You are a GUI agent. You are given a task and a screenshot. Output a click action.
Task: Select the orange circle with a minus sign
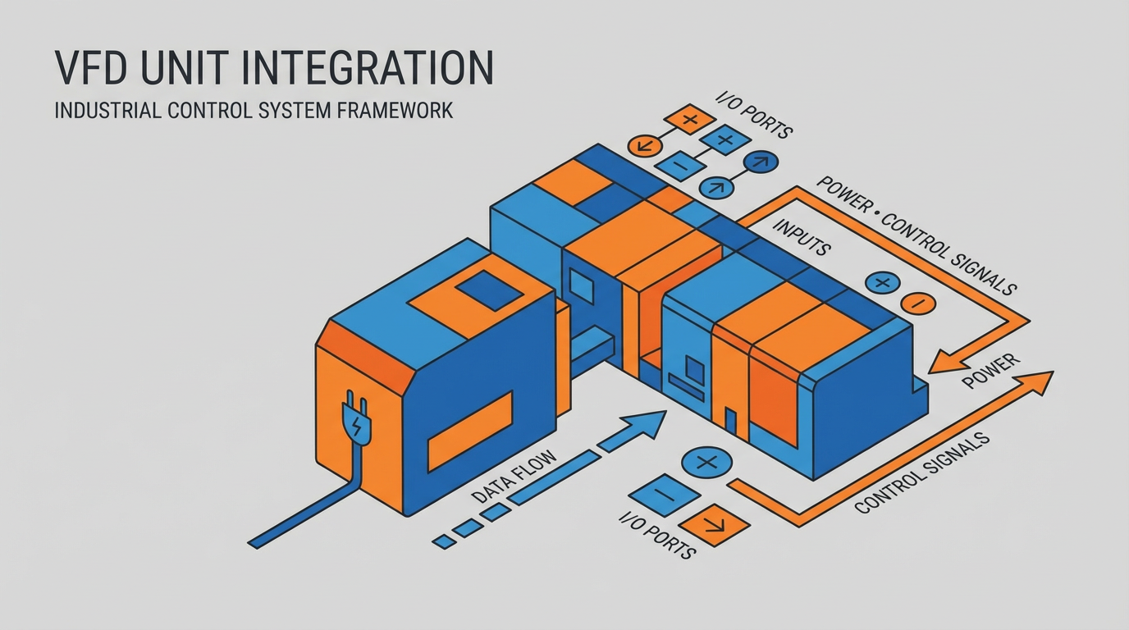click(918, 304)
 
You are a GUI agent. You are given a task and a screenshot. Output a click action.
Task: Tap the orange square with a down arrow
click(713, 524)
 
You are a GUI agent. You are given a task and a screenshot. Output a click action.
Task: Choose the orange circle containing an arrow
click(644, 146)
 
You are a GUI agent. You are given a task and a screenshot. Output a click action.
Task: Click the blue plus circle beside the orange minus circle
click(883, 283)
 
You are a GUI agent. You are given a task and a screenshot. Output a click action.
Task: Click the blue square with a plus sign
click(723, 140)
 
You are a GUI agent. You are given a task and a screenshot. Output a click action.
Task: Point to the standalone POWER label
click(991, 371)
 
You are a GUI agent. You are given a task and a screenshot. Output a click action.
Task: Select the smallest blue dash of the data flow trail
click(444, 541)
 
